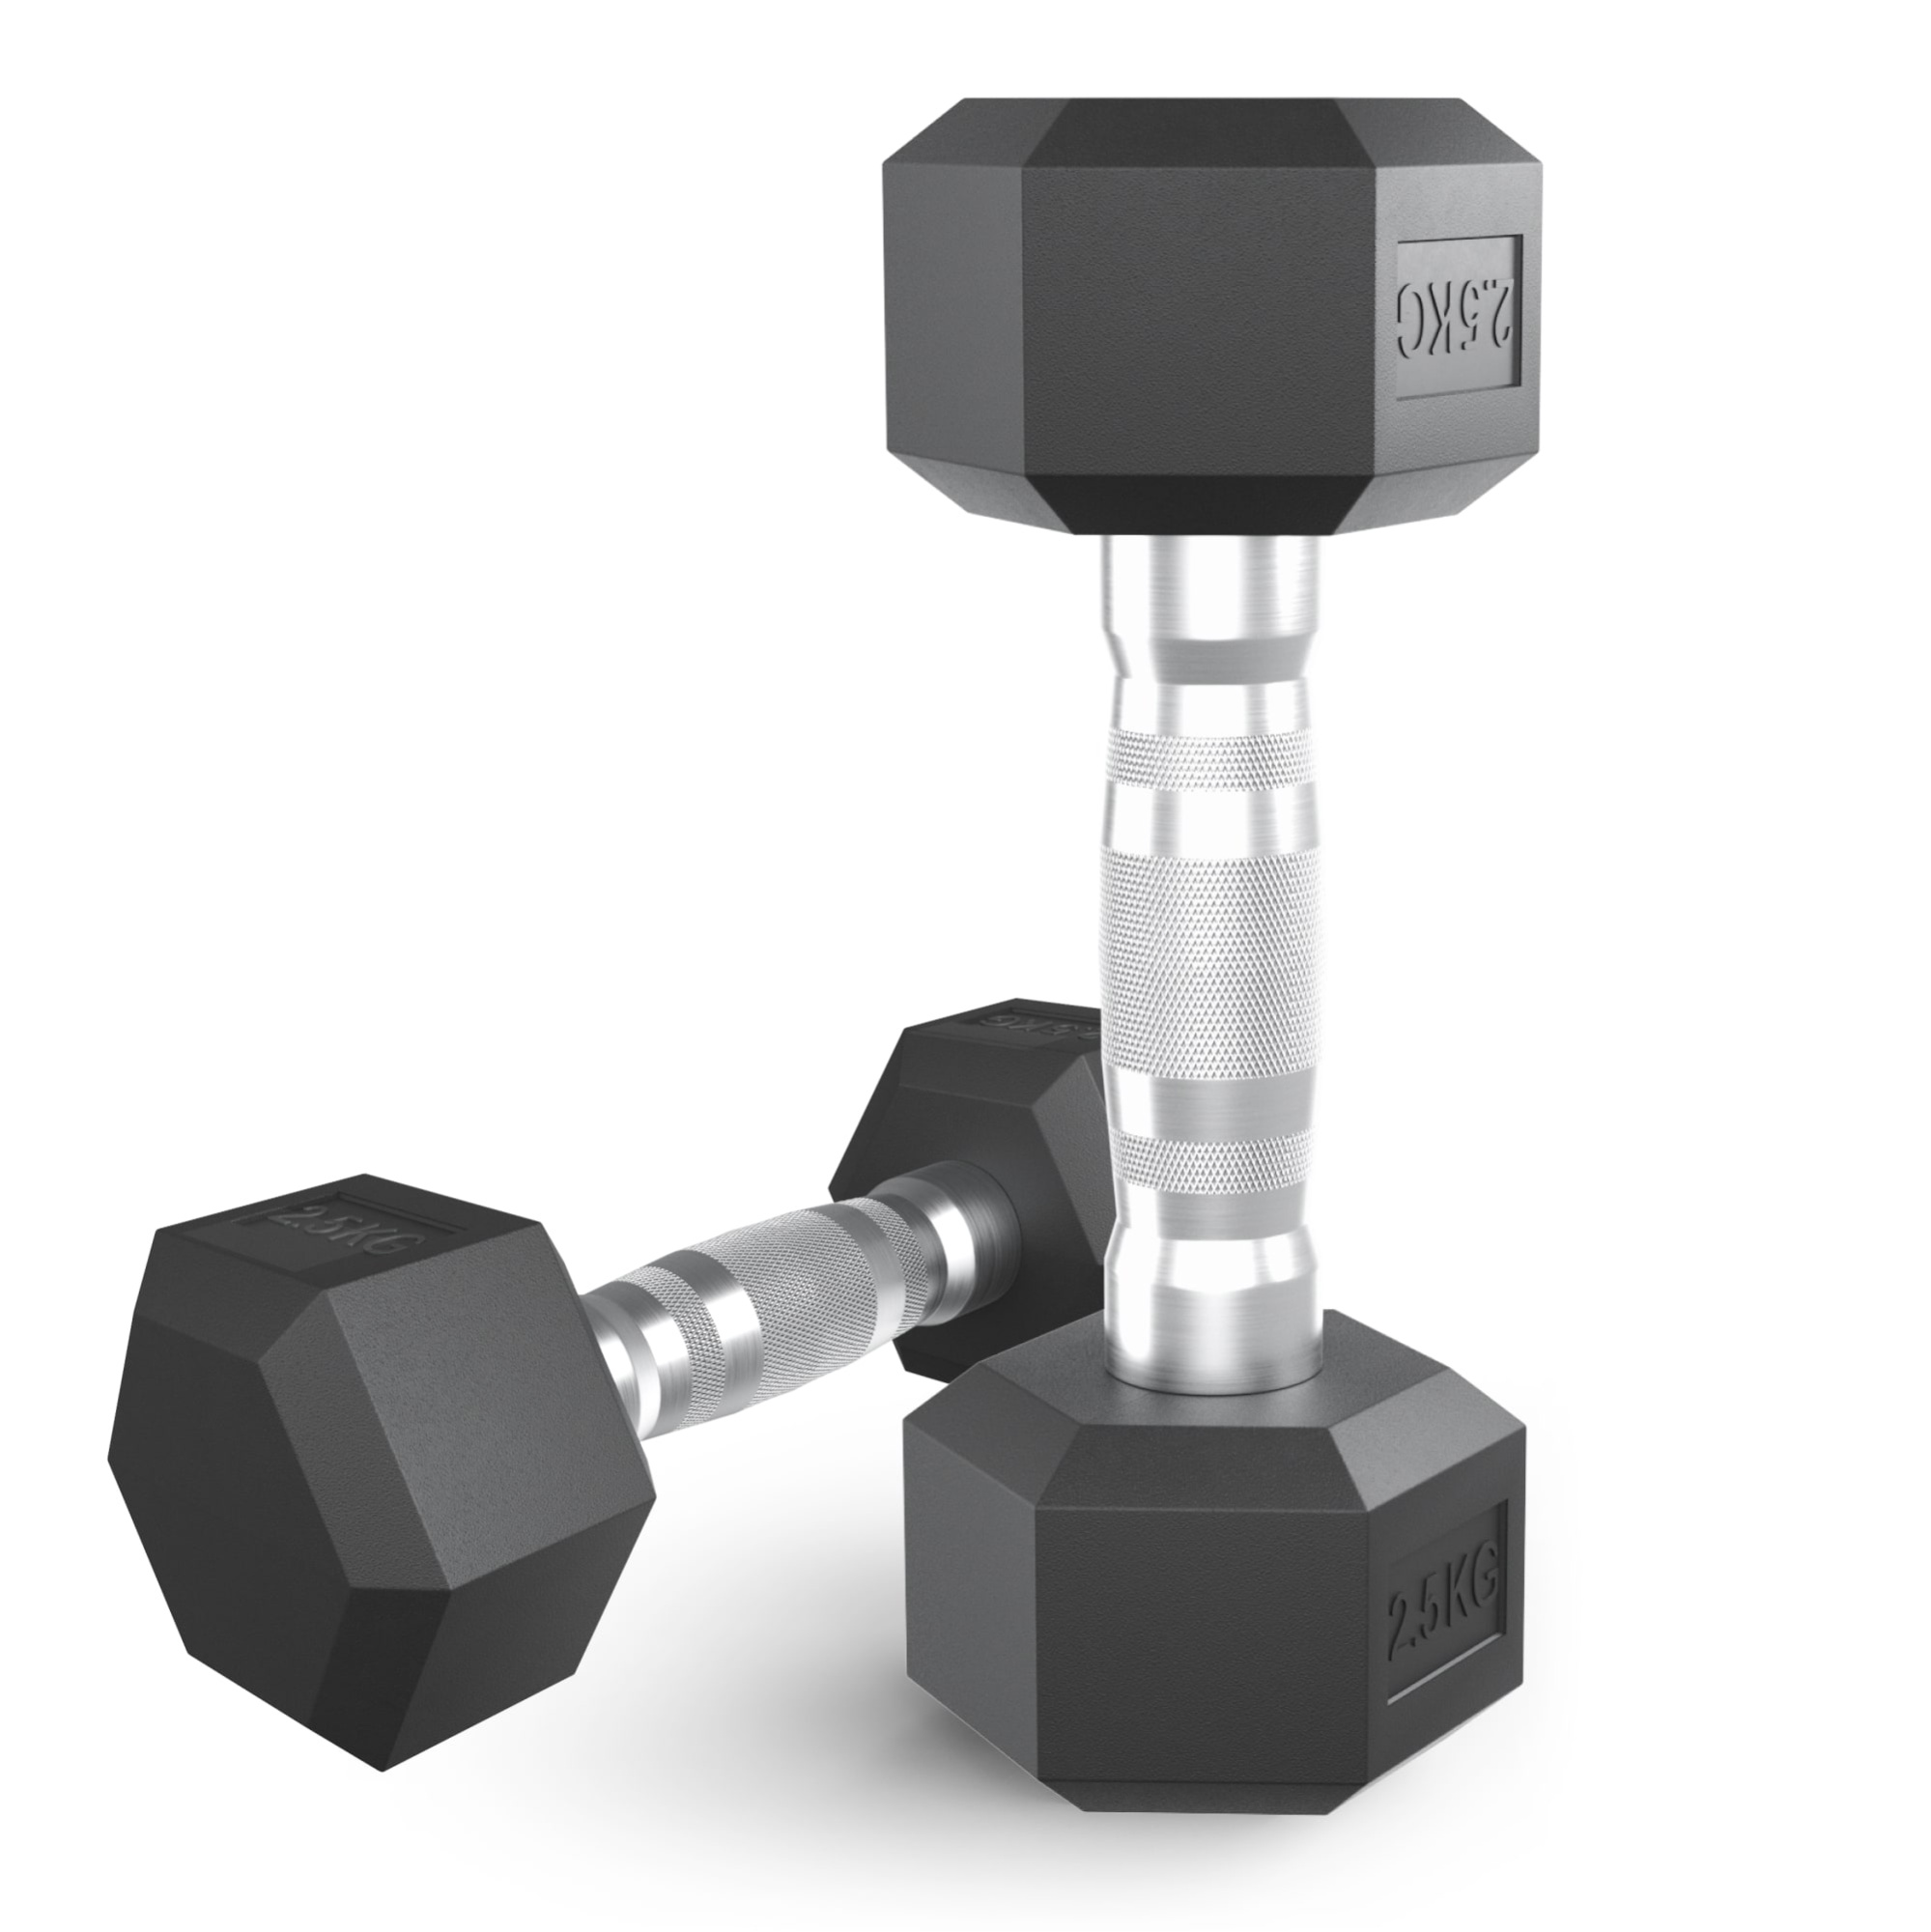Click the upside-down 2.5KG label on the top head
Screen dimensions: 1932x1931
(1459, 318)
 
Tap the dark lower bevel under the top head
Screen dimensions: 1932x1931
(1200, 505)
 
